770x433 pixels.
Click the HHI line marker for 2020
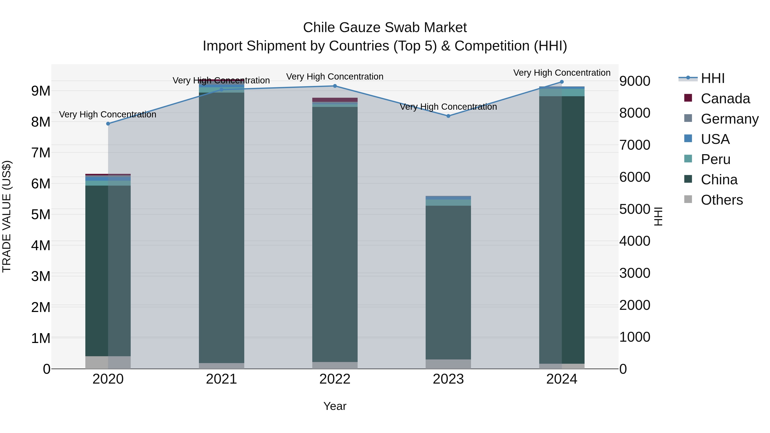click(x=108, y=124)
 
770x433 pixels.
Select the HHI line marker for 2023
click(x=448, y=116)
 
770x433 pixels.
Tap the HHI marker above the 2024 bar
click(x=562, y=82)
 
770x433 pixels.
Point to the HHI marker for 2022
click(x=335, y=86)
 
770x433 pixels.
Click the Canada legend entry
click(x=725, y=99)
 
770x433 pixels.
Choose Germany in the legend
click(x=729, y=119)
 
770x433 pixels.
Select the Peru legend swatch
click(x=688, y=159)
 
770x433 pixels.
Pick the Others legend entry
click(x=722, y=200)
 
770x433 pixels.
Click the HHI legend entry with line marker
click(x=713, y=78)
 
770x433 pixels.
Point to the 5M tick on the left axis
click(x=41, y=214)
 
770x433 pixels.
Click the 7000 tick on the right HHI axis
click(x=635, y=145)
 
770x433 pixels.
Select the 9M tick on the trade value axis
click(x=41, y=91)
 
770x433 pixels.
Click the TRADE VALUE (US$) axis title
click(x=7, y=216)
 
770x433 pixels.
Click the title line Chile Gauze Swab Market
click(x=385, y=28)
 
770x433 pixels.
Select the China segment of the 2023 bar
click(x=448, y=282)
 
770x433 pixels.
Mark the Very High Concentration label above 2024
click(x=562, y=73)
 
